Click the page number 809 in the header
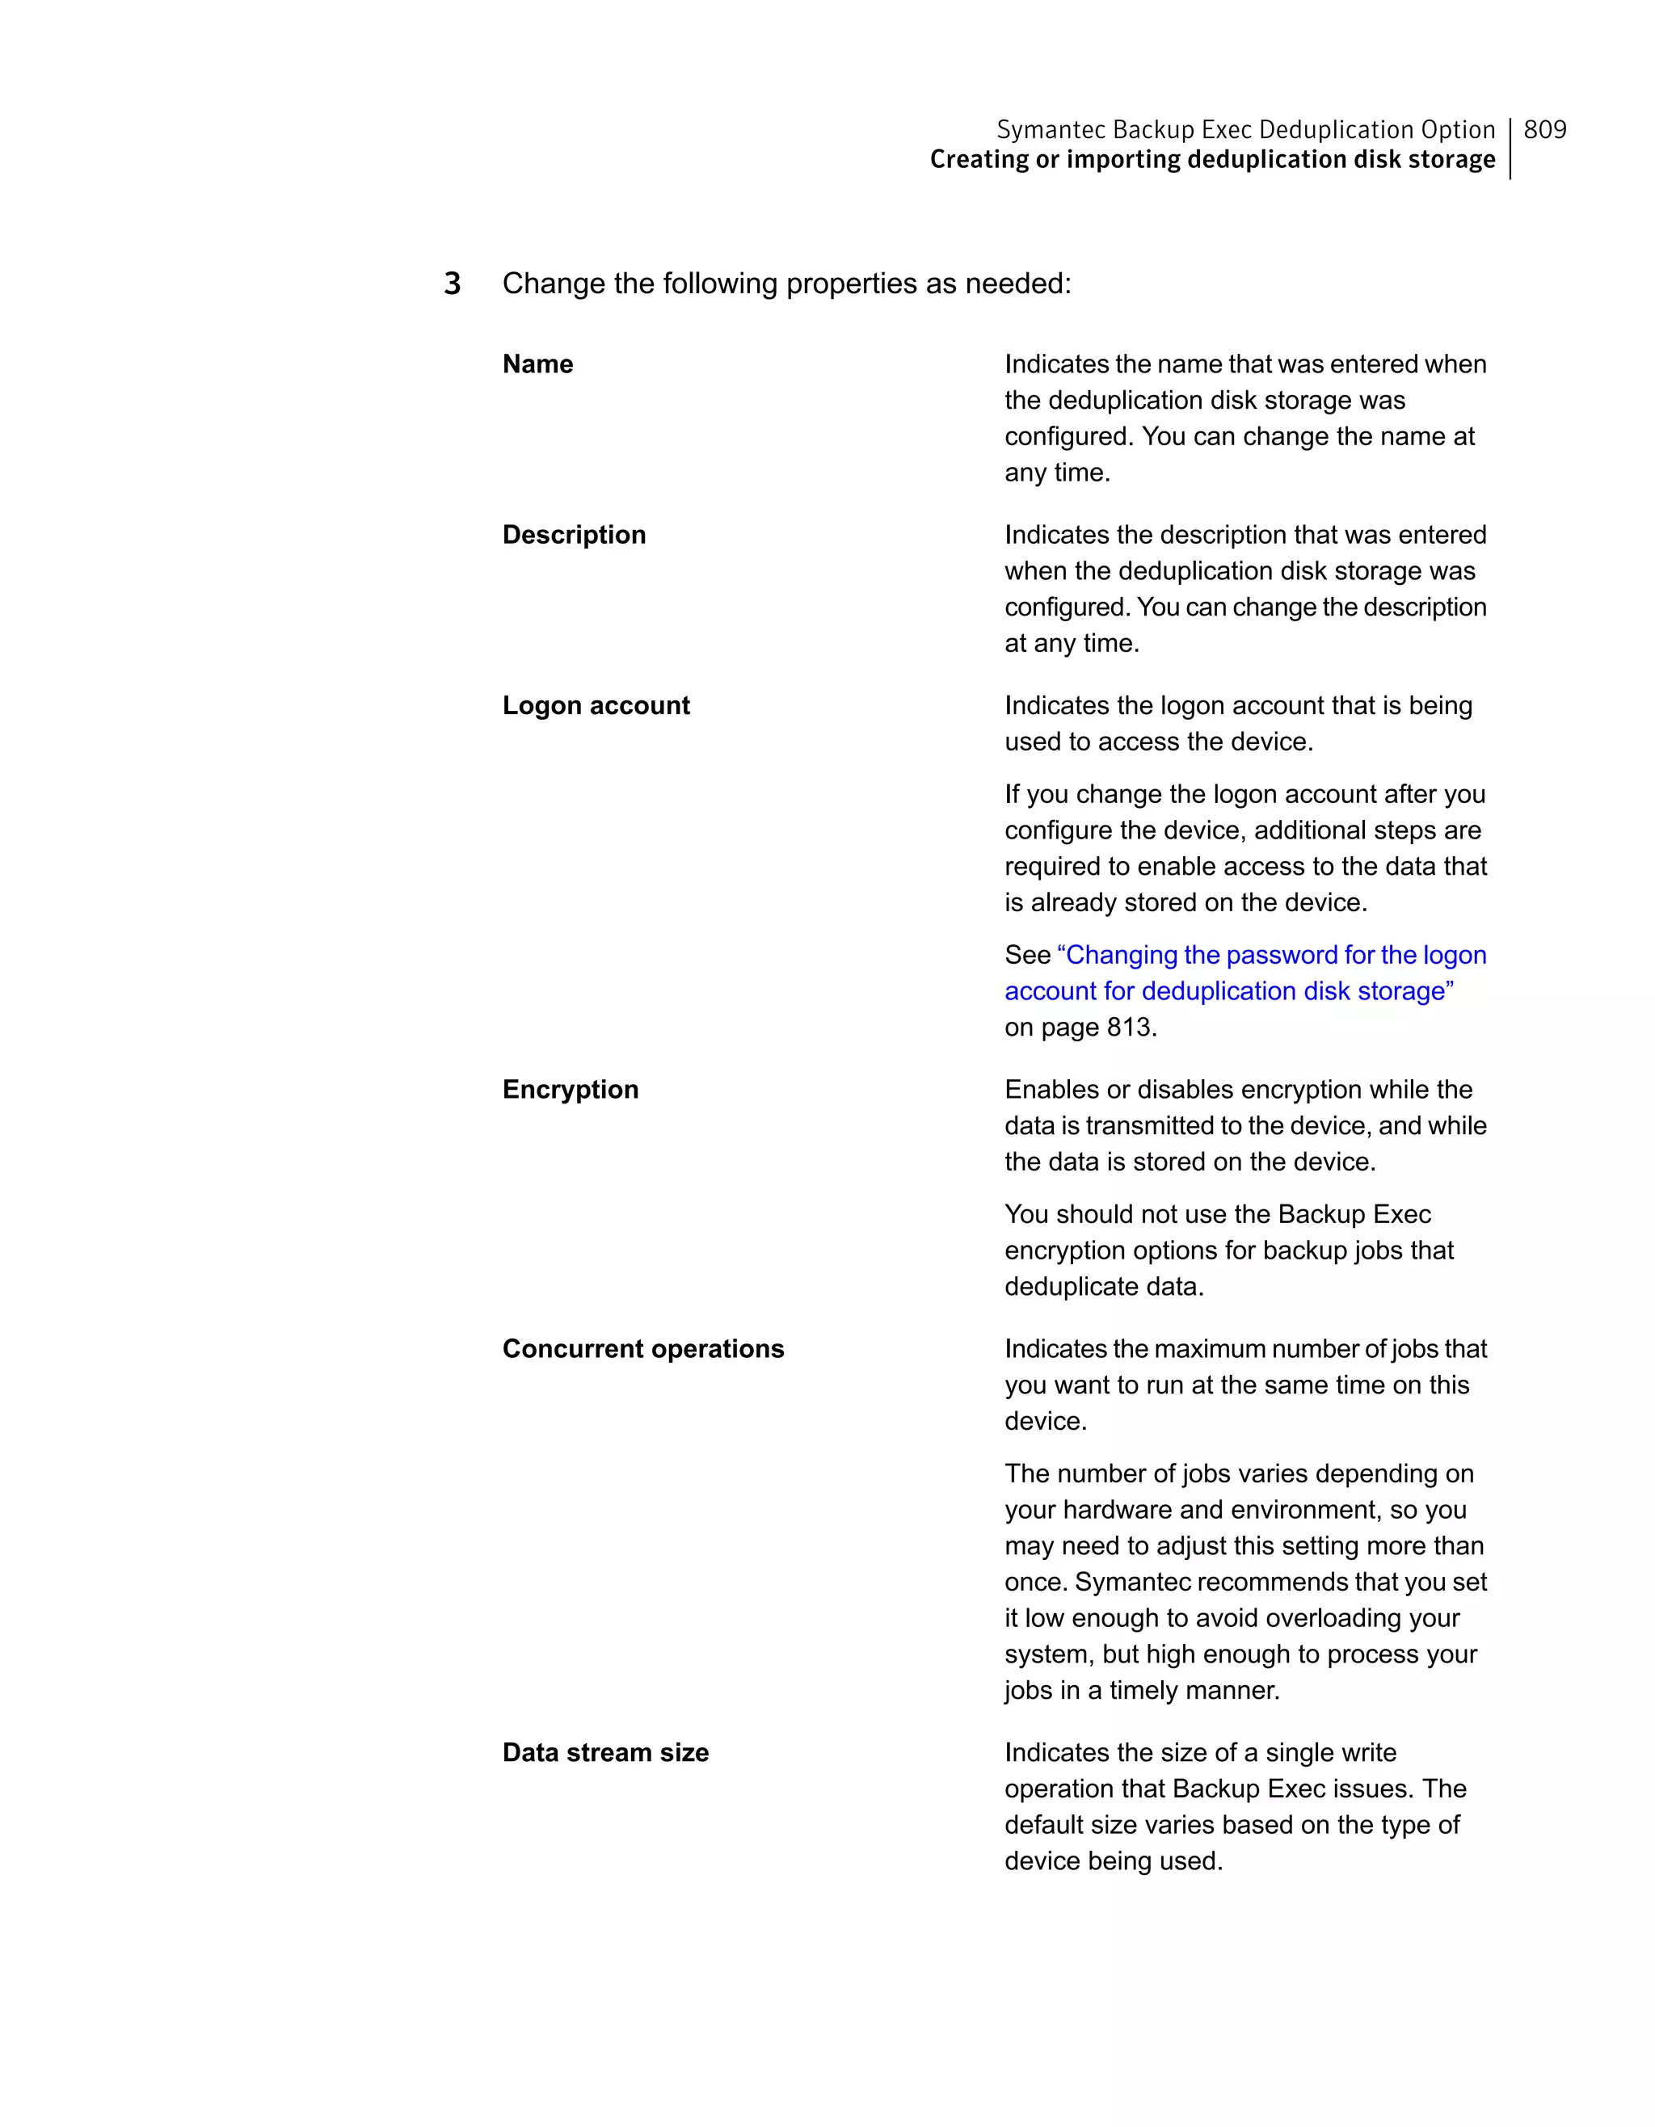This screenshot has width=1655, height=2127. click(1544, 129)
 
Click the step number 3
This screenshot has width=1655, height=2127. click(452, 284)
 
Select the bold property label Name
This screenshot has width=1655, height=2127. click(537, 364)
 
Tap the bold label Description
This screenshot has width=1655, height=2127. click(574, 535)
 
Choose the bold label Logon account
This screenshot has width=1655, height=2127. click(596, 705)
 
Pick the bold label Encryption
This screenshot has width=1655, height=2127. click(570, 1089)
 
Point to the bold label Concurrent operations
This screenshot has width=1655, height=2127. click(643, 1349)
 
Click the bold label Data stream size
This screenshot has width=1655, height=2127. click(605, 1752)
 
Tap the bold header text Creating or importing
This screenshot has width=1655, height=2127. click(1056, 160)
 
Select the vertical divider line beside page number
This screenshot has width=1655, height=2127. click(1510, 148)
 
